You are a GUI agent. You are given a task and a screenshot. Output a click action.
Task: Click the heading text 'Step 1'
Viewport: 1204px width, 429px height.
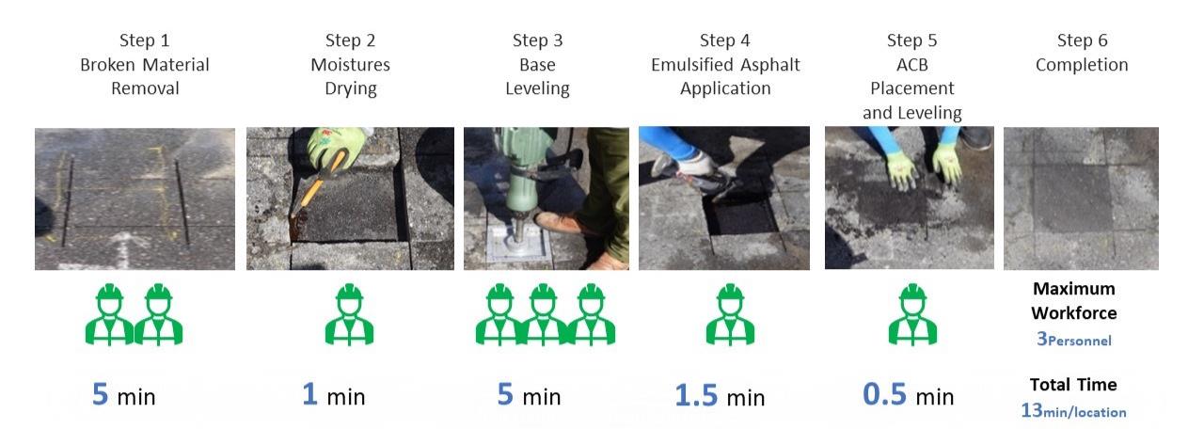point(144,40)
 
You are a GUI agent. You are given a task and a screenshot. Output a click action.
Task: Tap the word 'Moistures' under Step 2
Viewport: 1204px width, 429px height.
point(351,65)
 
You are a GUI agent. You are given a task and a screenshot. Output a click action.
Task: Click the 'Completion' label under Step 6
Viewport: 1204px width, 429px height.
point(1082,65)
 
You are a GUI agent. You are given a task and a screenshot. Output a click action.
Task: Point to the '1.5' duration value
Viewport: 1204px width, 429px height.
point(696,395)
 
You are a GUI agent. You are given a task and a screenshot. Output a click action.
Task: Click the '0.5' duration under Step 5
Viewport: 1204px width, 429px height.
point(885,394)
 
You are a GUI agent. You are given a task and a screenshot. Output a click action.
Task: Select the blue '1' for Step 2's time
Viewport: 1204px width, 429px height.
point(309,393)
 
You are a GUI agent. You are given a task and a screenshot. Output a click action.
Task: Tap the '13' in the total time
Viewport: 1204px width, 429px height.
point(1032,410)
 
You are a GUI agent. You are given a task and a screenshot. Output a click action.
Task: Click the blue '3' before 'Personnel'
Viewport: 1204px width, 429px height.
point(1041,339)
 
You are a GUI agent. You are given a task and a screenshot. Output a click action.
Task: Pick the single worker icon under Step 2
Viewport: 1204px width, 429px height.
point(349,314)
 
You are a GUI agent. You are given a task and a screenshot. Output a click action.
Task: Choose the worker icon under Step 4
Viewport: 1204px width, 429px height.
point(730,314)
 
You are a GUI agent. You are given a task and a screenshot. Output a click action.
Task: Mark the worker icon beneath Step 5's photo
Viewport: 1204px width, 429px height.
point(912,314)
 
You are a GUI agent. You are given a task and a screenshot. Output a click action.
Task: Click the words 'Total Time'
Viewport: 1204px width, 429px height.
point(1073,385)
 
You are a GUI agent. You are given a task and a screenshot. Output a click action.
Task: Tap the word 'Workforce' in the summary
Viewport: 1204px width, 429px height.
point(1074,313)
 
